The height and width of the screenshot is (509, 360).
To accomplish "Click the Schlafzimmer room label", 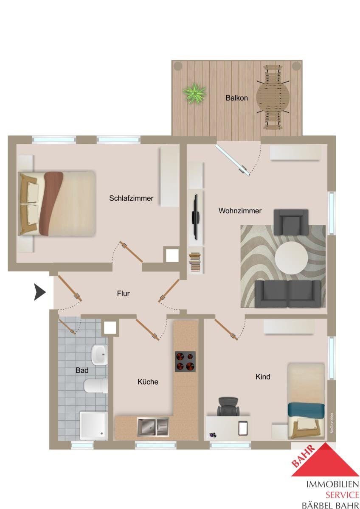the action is (131, 198).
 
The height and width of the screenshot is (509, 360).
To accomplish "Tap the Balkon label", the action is (236, 98).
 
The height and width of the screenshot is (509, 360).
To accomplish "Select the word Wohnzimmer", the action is (240, 211).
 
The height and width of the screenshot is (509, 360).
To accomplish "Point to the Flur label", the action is (123, 294).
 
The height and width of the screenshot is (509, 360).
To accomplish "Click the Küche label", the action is (148, 381).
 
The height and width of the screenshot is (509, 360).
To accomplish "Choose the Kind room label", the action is (263, 377).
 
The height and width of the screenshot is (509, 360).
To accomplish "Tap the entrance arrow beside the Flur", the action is (40, 292).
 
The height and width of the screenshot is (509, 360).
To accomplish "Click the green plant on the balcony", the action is (194, 93).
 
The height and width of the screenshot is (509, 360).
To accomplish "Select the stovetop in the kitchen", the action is (185, 361).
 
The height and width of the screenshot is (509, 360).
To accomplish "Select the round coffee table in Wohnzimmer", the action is (291, 258).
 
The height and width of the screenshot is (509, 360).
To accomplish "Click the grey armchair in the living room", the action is (291, 222).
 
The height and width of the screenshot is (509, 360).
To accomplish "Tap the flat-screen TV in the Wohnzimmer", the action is (195, 217).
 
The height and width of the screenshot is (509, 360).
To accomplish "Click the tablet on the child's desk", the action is (243, 428).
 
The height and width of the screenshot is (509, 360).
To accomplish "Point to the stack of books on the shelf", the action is (195, 262).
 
